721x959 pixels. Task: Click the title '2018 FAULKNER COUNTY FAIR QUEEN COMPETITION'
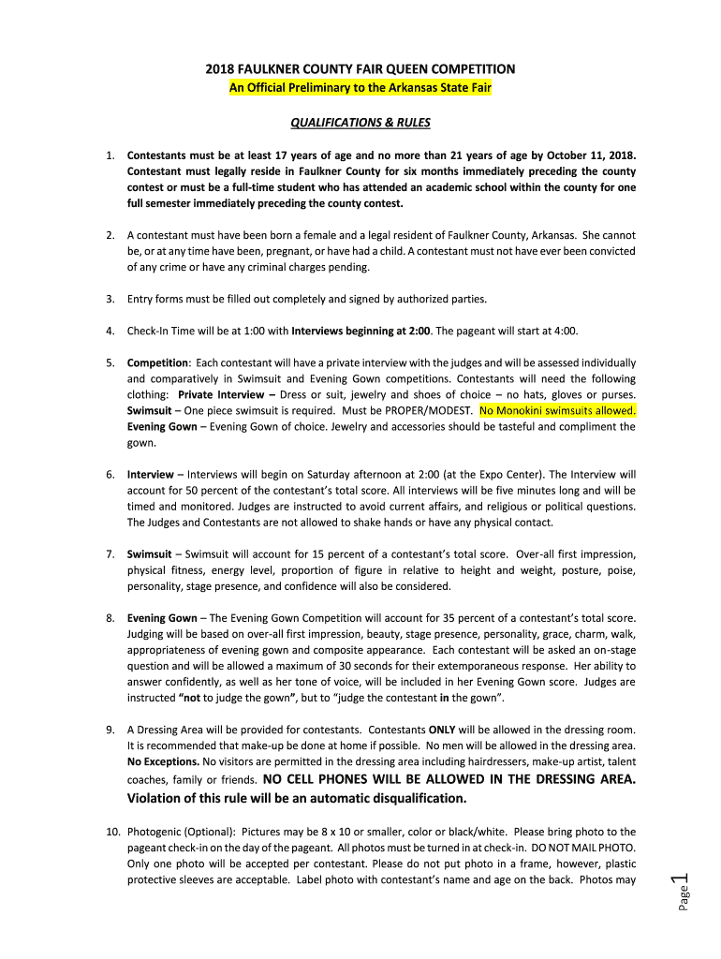pos(360,69)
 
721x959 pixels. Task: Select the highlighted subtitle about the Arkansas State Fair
pos(360,87)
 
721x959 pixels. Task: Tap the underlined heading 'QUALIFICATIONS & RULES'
pos(360,123)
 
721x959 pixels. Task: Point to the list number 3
pos(110,299)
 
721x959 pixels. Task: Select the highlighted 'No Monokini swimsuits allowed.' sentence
pos(557,410)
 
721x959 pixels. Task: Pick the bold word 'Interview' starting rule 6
pos(150,474)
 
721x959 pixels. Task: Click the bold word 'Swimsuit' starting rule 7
pos(149,553)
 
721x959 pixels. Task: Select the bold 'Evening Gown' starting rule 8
pos(162,617)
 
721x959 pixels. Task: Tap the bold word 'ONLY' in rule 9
pos(442,729)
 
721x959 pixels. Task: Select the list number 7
pos(110,553)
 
